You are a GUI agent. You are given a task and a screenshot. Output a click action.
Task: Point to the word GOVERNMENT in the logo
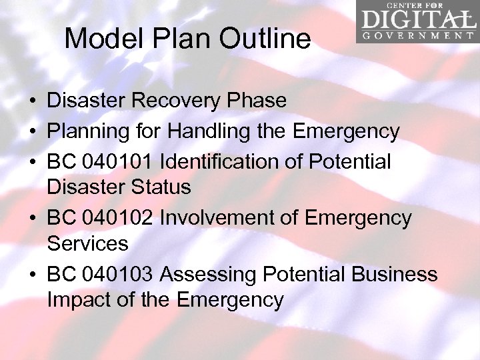pos(417,35)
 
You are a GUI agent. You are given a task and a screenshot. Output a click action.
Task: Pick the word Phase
pos(258,101)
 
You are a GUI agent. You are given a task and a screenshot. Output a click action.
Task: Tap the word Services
pos(87,243)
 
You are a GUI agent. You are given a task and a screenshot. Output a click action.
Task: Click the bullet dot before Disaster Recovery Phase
pos(32,101)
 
